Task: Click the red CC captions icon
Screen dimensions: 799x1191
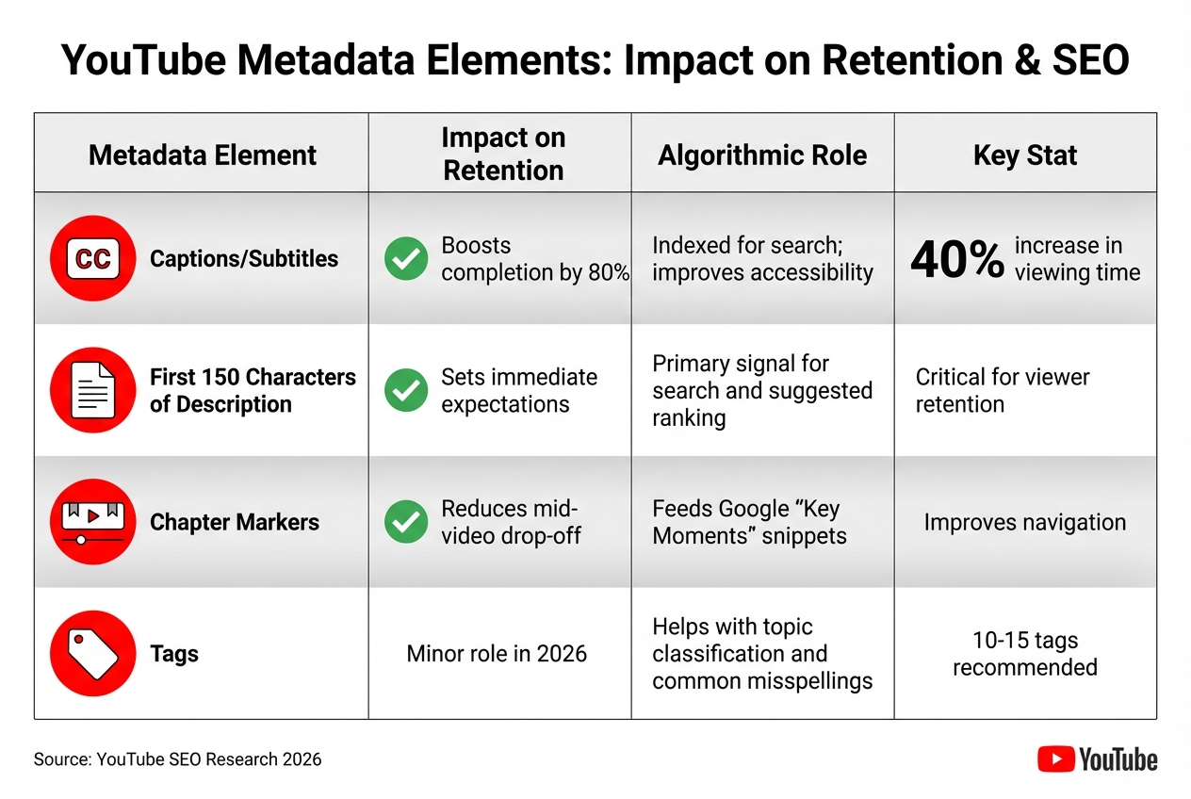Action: [x=92, y=259]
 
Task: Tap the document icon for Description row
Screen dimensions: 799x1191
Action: [x=92, y=390]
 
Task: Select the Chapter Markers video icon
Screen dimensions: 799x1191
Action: [x=92, y=522]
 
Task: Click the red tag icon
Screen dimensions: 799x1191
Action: [x=92, y=653]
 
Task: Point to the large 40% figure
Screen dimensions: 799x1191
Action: [x=956, y=260]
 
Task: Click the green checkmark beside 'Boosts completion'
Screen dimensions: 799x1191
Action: [x=406, y=259]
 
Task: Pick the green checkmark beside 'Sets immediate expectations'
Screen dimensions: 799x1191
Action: [x=406, y=391]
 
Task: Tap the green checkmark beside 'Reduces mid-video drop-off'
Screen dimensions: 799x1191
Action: [x=406, y=522]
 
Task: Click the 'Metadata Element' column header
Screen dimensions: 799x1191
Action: [x=203, y=155]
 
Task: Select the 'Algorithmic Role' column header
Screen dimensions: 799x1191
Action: [x=762, y=155]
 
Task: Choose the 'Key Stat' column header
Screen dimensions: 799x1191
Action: [x=1024, y=155]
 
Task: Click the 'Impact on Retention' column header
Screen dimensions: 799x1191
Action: [x=503, y=154]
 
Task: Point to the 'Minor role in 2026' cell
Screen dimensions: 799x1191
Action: [x=497, y=653]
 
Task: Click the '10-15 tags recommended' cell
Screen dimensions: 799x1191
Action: [x=1024, y=654]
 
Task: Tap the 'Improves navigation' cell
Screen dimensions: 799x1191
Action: [x=1024, y=522]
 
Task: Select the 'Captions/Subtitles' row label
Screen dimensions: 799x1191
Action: [x=243, y=259]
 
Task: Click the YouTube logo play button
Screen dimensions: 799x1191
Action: [x=1055, y=758]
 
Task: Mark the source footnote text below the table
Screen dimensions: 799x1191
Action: [x=177, y=758]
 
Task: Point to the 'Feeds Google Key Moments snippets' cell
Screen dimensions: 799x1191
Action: [x=749, y=522]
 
